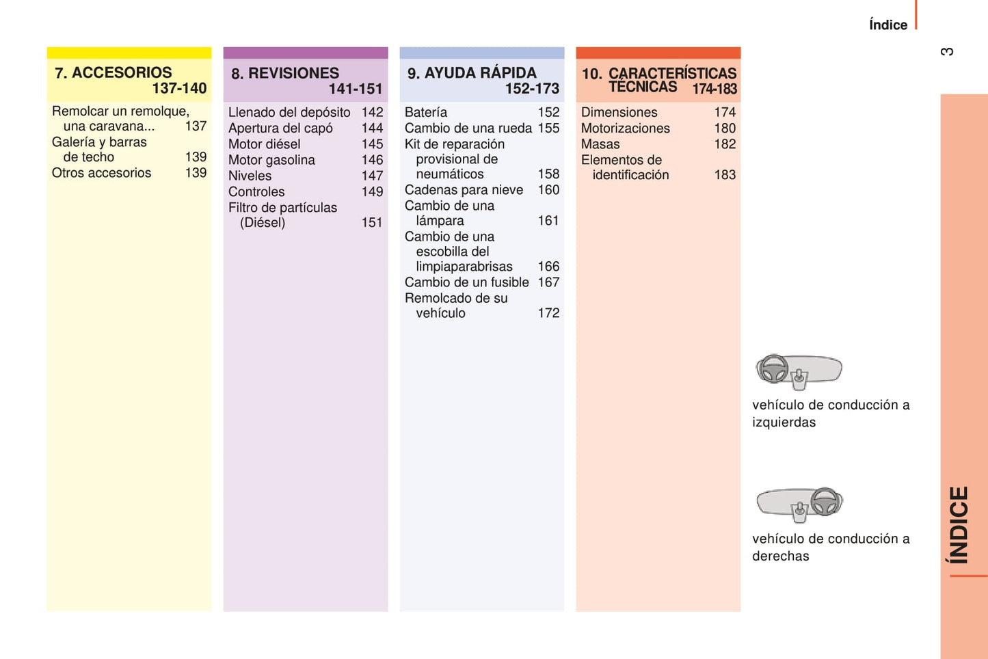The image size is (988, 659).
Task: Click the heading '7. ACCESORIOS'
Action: [114, 72]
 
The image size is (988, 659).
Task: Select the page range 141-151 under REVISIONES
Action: [355, 89]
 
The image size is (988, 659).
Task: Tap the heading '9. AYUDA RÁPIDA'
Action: [472, 73]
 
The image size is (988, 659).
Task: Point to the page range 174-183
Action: [714, 89]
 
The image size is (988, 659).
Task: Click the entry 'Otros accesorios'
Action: [101, 173]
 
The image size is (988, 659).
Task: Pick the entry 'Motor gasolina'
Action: [271, 160]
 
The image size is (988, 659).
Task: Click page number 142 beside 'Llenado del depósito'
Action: [372, 112]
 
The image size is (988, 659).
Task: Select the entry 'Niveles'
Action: [250, 176]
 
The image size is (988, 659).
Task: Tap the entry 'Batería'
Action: [425, 112]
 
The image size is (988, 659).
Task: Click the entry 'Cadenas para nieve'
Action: [464, 190]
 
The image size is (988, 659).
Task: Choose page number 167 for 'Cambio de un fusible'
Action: [548, 282]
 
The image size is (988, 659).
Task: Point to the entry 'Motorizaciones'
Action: [625, 129]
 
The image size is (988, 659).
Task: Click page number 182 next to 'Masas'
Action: [725, 144]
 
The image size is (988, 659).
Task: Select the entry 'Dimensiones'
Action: [619, 112]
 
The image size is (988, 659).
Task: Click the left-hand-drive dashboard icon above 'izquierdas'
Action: [798, 371]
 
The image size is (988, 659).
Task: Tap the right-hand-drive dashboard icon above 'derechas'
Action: [799, 505]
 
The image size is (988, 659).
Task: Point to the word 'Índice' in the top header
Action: [887, 25]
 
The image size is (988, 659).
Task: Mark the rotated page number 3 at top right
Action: [947, 52]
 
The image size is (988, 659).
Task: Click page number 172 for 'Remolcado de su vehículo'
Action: [548, 313]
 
